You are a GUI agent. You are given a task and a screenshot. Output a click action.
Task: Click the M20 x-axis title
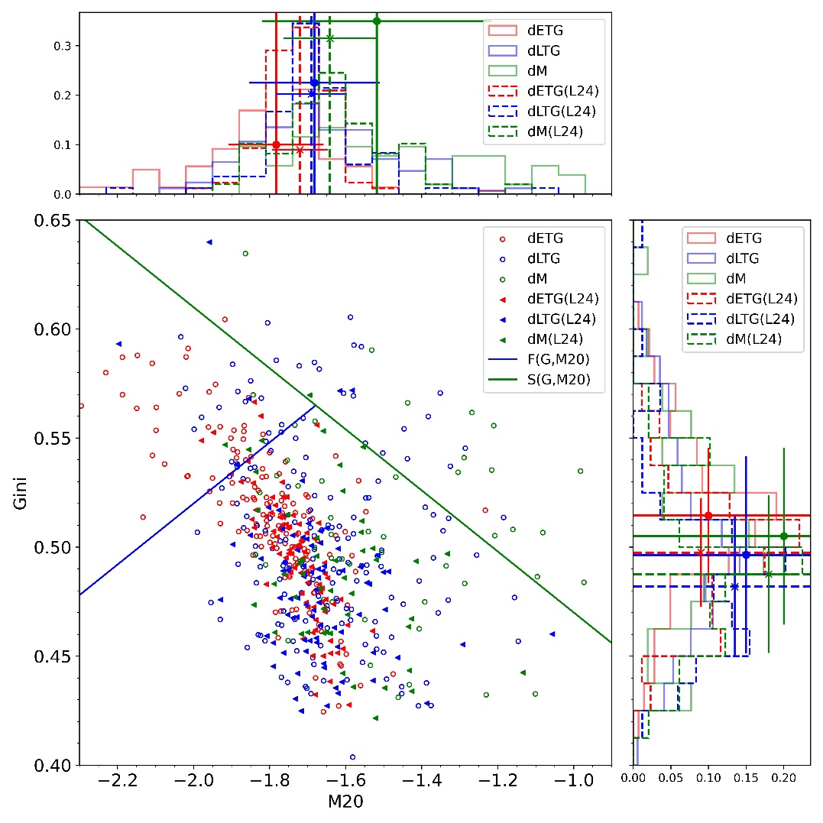[x=345, y=802]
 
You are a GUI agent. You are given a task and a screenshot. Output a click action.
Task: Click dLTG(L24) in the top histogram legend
[x=565, y=112]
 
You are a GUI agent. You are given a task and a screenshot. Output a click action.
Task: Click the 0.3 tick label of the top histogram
[x=62, y=46]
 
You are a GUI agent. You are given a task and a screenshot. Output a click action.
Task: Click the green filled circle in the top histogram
[x=377, y=21]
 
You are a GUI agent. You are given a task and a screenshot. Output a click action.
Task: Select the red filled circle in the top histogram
[x=276, y=144]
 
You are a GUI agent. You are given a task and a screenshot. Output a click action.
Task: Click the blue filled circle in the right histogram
[x=746, y=554]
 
